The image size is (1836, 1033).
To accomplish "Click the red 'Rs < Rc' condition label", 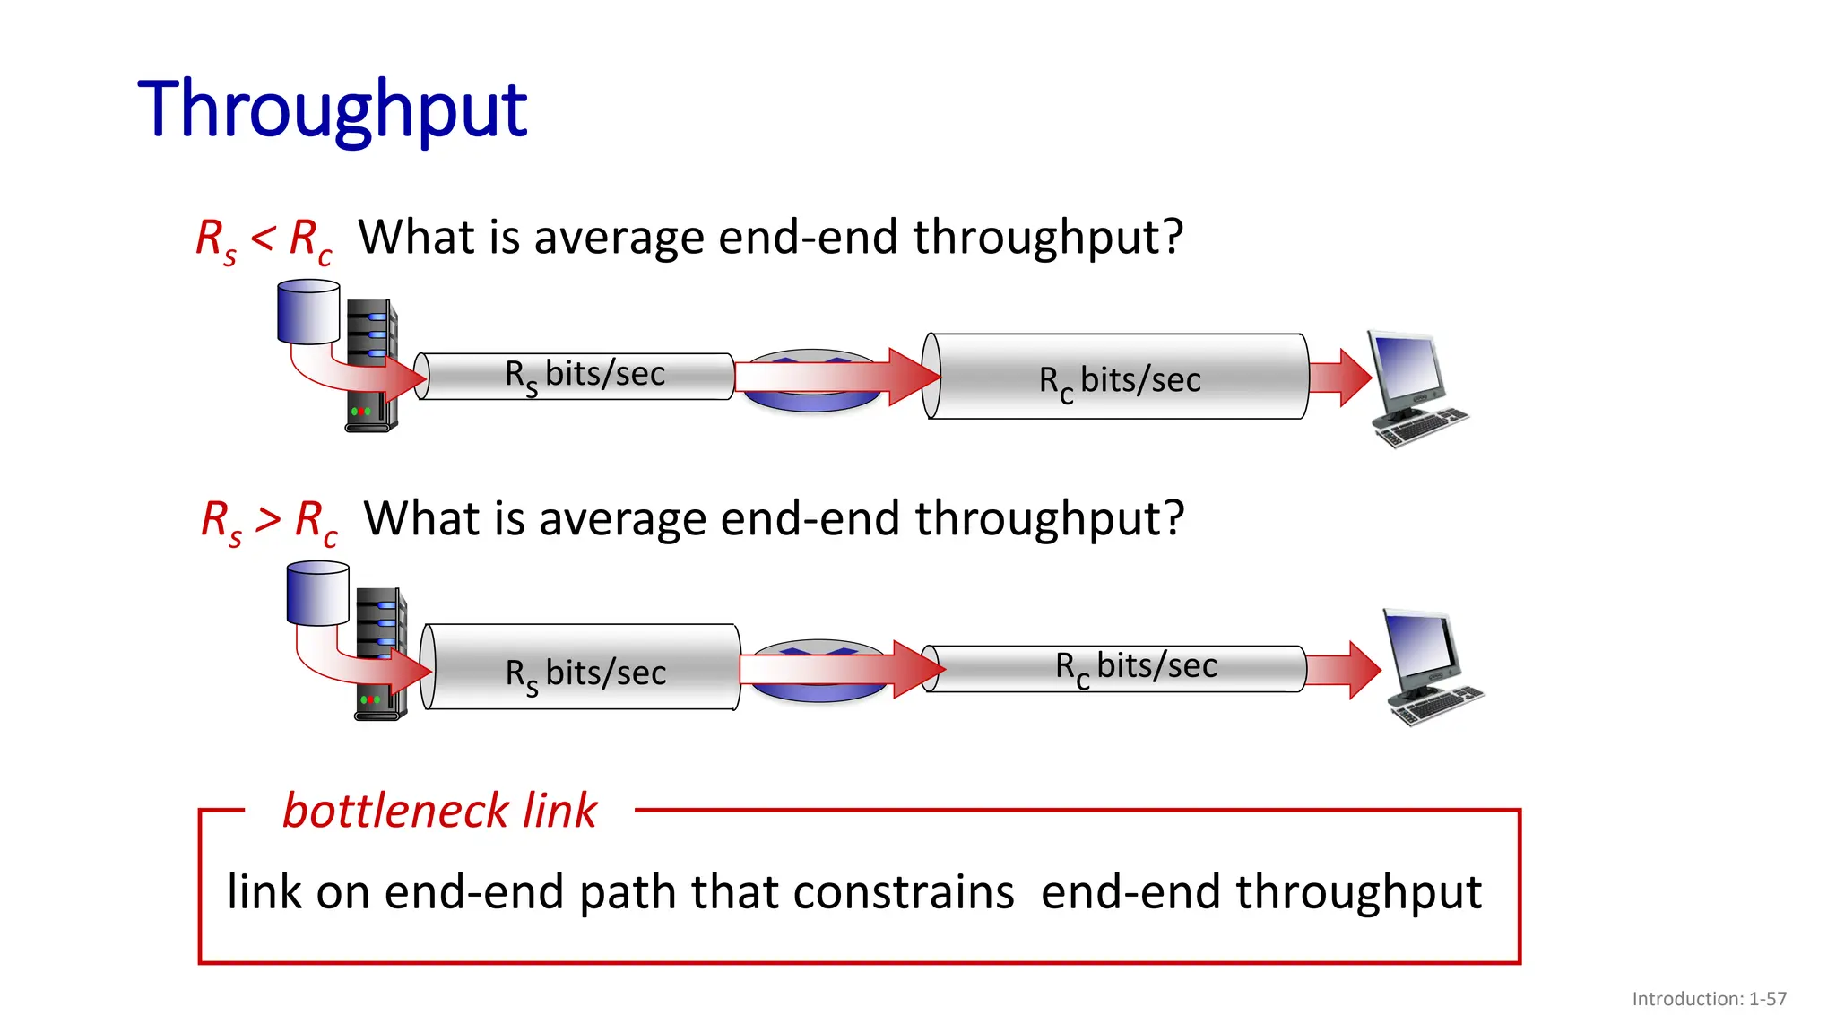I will coord(264,240).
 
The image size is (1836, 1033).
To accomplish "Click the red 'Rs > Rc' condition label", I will coord(269,521).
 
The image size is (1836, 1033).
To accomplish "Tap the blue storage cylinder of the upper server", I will coord(308,312).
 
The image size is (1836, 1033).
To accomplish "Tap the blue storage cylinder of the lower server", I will coord(317,594).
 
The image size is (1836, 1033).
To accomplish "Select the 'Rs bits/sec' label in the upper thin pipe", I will coord(585,376).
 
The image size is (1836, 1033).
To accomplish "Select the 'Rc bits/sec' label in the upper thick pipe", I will coord(1119,381).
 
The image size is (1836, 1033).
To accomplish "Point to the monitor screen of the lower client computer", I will coord(1421,647).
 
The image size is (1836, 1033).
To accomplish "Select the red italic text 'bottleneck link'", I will coord(439,811).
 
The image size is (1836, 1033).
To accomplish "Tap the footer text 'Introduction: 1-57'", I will coord(1709,999).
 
